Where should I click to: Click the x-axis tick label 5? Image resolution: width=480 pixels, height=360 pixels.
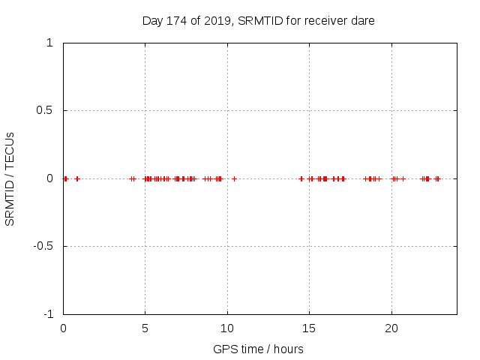145,328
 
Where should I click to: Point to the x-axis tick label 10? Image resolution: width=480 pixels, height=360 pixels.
227,328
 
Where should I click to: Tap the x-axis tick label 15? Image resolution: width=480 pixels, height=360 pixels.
310,328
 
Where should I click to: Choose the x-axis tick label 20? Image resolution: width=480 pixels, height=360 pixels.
391,328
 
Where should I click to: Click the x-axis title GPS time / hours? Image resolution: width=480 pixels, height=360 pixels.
258,349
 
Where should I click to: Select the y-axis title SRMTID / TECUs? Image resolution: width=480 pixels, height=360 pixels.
10,178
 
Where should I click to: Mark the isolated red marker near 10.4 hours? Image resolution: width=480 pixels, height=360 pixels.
234,178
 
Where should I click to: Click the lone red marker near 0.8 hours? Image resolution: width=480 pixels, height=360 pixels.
76,178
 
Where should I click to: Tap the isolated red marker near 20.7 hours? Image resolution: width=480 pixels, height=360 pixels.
403,178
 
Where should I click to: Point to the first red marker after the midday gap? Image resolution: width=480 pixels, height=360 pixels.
301,178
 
